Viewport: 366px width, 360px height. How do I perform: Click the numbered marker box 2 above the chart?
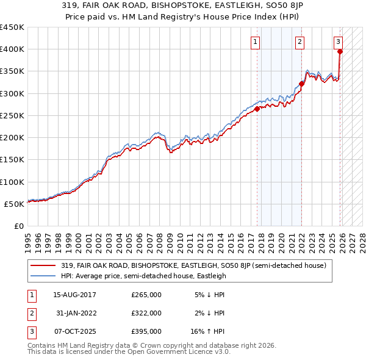[300, 42]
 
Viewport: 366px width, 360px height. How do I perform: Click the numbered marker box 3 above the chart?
[338, 42]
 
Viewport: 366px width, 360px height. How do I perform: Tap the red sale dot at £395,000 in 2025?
[340, 51]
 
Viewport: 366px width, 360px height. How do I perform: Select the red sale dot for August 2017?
[257, 109]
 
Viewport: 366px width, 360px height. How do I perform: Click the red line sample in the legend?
[44, 265]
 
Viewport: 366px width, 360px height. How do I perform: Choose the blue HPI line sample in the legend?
[44, 276]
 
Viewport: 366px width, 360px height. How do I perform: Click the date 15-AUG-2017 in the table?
[74, 295]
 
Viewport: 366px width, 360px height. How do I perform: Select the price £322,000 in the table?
[146, 313]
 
